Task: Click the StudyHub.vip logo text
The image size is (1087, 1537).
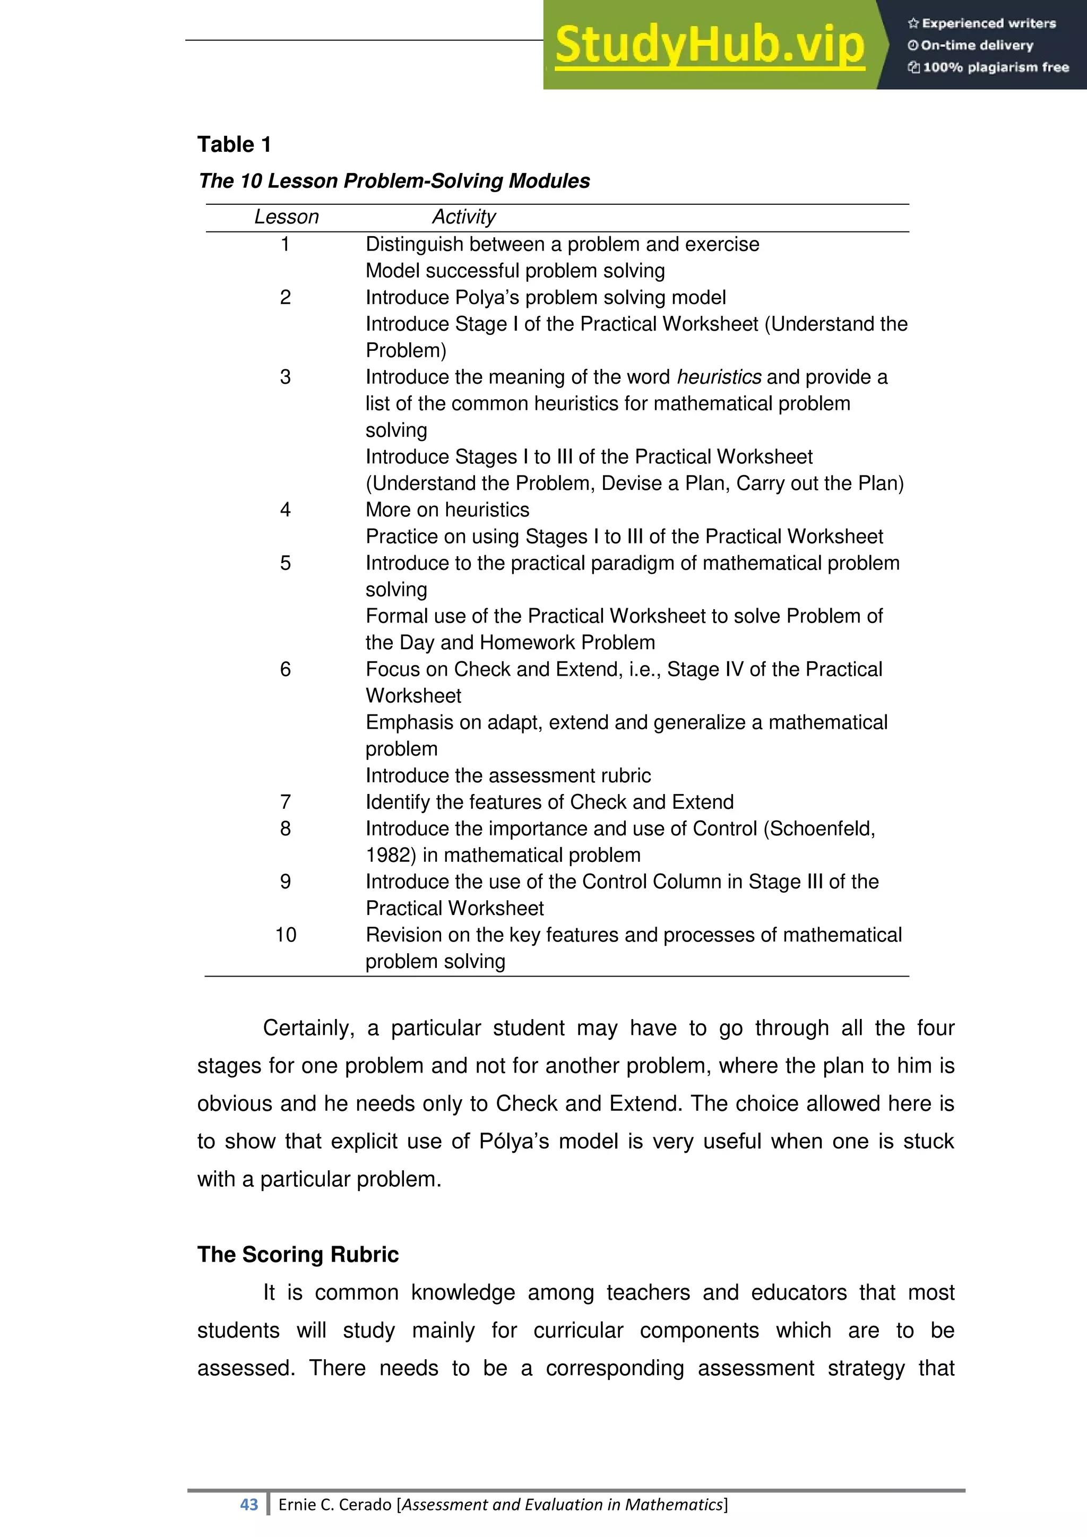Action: coord(710,46)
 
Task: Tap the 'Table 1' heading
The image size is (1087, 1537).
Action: coord(234,144)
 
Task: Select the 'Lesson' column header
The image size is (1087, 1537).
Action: coord(287,217)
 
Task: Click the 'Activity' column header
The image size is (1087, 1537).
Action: coord(464,217)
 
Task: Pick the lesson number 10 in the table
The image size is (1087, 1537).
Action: coord(286,935)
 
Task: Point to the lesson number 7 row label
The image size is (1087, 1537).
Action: coord(286,802)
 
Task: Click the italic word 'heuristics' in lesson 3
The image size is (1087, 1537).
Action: coord(719,377)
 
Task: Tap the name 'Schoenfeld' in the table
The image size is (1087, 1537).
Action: coord(821,829)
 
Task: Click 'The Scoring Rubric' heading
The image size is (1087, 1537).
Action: coord(298,1255)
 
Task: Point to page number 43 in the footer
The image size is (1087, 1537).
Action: coord(249,1505)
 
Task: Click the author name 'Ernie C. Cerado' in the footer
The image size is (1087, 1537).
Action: coord(335,1505)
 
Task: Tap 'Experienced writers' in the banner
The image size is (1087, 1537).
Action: coord(989,23)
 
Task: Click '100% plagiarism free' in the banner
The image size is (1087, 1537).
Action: coord(995,67)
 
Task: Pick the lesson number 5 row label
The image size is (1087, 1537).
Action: coord(286,563)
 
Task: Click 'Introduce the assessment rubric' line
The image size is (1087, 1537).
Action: coord(508,775)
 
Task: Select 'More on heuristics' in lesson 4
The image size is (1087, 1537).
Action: coord(447,510)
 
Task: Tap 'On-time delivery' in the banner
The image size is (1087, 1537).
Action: coord(977,46)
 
